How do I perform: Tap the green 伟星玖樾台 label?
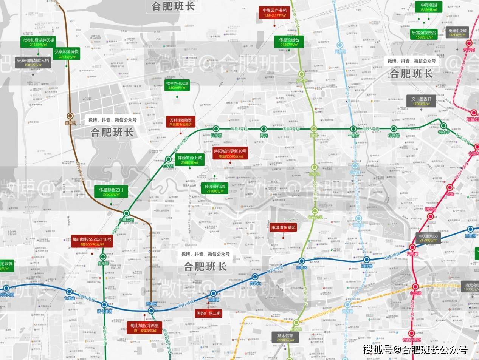(x=289, y=42)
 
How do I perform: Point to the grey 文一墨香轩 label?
(x=421, y=101)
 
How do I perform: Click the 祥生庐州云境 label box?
(x=177, y=85)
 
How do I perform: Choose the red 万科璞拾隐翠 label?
(x=181, y=121)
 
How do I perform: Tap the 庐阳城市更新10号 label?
(x=230, y=153)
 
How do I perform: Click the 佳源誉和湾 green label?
(x=215, y=188)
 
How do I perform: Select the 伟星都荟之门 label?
(x=111, y=192)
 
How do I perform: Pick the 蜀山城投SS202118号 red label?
(x=92, y=241)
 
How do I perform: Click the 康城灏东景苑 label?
(x=283, y=227)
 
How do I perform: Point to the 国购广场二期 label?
(x=208, y=313)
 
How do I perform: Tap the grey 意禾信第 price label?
(x=285, y=337)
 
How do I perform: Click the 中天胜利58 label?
(x=428, y=238)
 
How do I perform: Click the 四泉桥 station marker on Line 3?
(x=216, y=129)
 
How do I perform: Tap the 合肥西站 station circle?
(x=126, y=213)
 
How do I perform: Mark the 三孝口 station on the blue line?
(x=301, y=261)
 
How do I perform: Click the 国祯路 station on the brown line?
(x=70, y=116)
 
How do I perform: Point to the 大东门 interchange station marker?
(x=412, y=248)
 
